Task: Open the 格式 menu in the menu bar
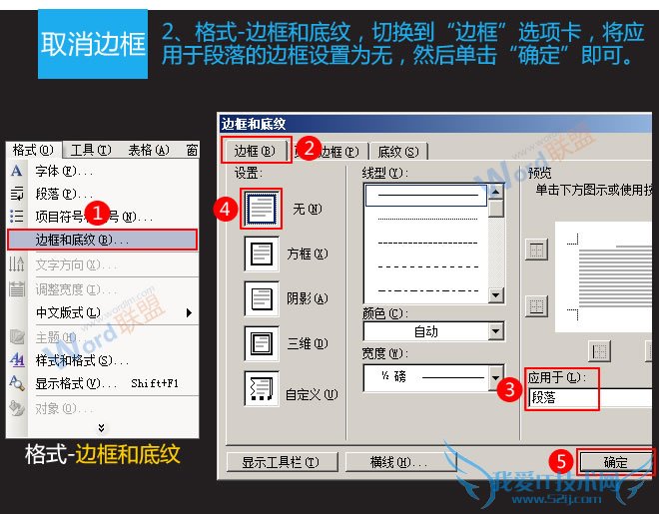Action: [32, 150]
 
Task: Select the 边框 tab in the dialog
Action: [254, 151]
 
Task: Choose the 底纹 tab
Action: [397, 152]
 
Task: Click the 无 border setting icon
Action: [262, 210]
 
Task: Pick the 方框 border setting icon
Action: [262, 254]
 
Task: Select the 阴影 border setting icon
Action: [262, 298]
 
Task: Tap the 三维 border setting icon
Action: [262, 343]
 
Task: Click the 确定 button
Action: [616, 462]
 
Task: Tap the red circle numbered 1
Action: [96, 214]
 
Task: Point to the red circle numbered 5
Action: [562, 461]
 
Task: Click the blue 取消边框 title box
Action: [92, 44]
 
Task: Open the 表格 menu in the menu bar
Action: [148, 150]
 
